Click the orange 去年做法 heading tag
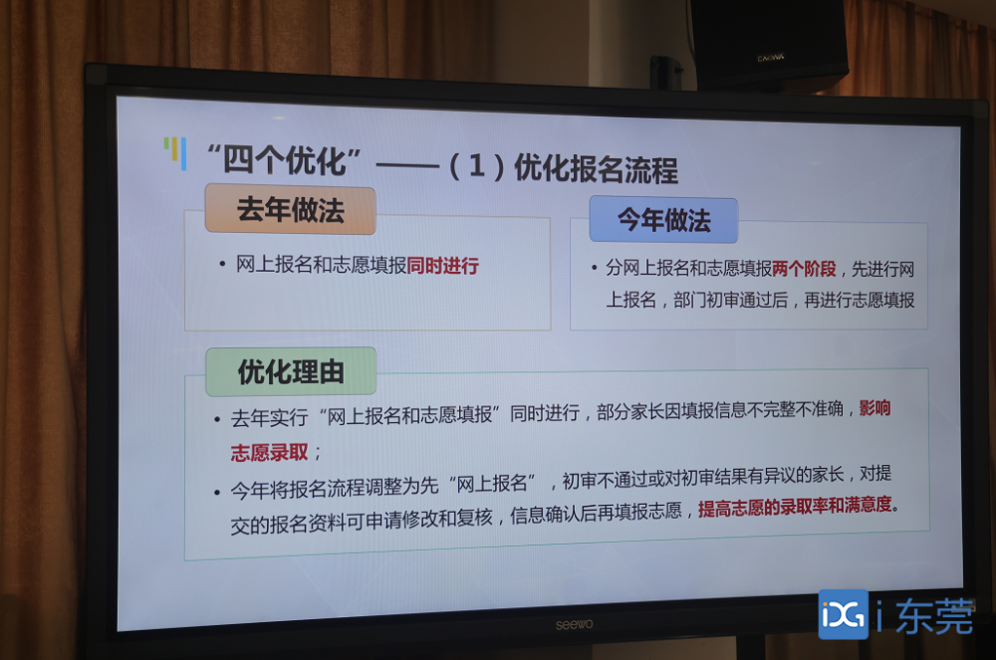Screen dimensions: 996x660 coord(290,210)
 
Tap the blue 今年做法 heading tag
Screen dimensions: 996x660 coord(663,220)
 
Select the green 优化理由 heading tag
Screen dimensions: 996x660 coord(291,372)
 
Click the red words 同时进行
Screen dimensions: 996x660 coord(443,265)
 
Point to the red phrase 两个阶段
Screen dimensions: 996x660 coord(804,269)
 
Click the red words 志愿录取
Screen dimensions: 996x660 coord(269,453)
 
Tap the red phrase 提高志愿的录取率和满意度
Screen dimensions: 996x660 coord(795,507)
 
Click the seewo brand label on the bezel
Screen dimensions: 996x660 coord(575,624)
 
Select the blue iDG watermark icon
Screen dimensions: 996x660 coord(844,614)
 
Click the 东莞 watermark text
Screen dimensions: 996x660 coord(934,615)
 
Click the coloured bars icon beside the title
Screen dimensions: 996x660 coord(175,153)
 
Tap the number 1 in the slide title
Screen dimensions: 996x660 coord(477,166)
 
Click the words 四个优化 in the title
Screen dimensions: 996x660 coord(285,160)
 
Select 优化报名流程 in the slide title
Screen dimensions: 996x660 coord(596,169)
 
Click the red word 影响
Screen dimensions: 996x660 coord(874,408)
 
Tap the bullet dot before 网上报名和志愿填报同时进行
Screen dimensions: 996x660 coord(222,264)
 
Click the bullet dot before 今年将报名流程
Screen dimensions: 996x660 coord(217,491)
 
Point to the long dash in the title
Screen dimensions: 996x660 coord(407,166)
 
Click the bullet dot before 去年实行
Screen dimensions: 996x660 coord(217,419)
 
